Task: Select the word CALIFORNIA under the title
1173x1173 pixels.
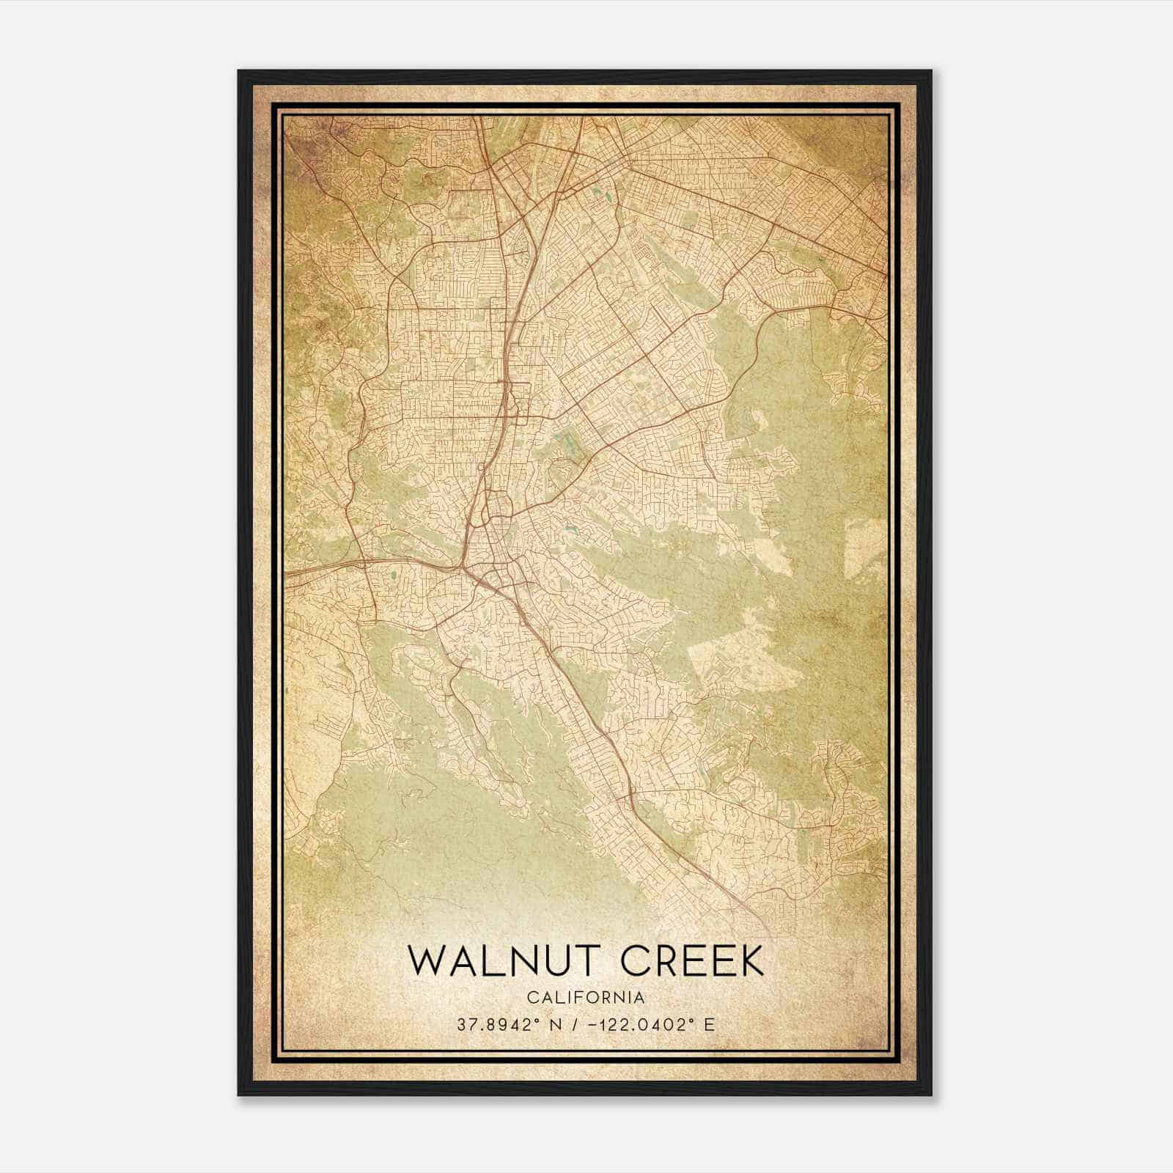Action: [x=586, y=998]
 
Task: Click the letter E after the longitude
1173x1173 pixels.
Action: [x=709, y=1025]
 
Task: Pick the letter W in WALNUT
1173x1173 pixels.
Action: [x=425, y=961]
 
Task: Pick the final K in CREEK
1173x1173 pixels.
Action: [x=751, y=961]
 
